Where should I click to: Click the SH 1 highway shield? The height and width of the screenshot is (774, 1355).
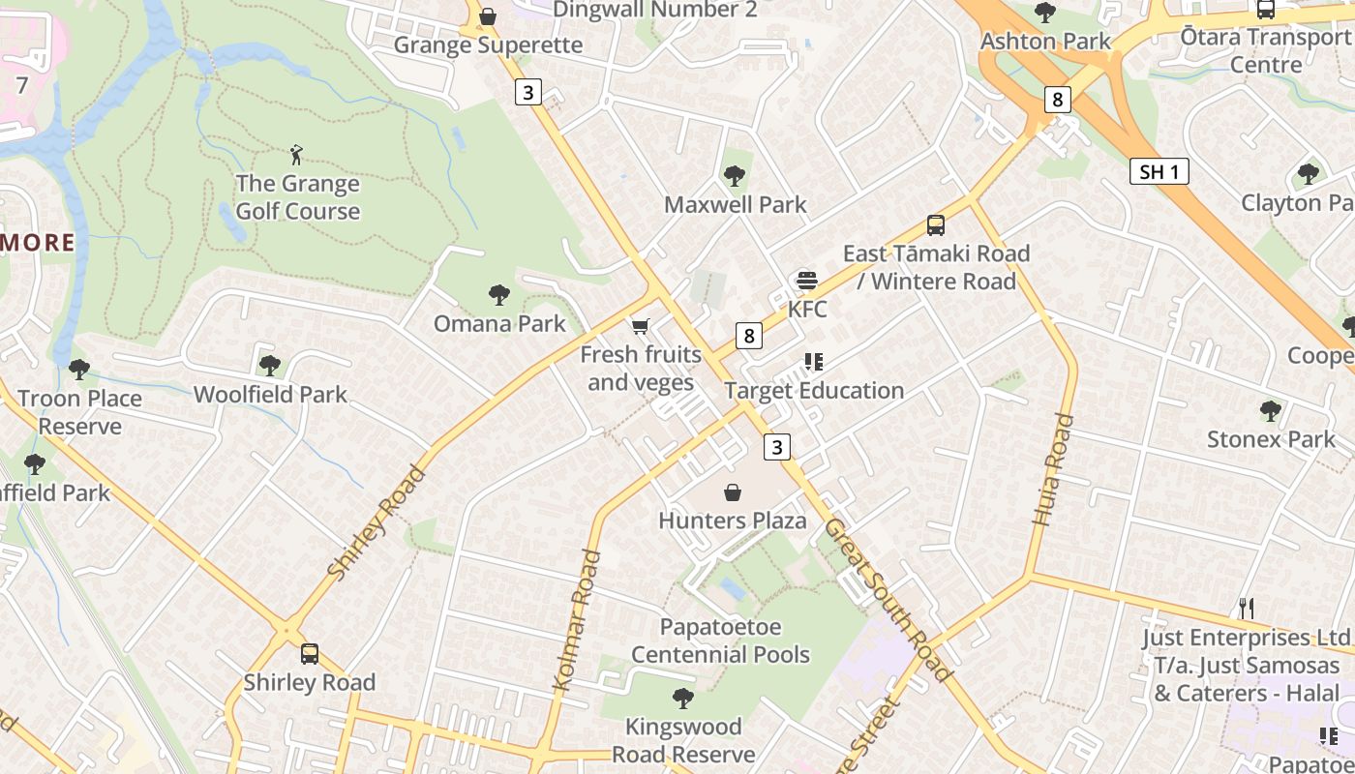point(1159,172)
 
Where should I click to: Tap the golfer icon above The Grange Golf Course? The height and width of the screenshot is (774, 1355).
point(296,154)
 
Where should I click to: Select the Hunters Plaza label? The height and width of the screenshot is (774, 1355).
point(733,521)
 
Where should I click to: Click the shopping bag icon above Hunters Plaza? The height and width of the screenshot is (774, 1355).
point(733,493)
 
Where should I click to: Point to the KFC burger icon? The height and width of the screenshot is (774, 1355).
point(806,282)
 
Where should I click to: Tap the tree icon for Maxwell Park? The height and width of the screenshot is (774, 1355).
point(735,176)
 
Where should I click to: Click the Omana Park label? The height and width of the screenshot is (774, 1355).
point(499,323)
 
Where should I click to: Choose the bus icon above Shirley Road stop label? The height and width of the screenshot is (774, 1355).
point(310,654)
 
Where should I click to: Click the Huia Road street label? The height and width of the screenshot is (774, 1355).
point(1054,469)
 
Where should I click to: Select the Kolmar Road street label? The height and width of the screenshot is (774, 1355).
point(578,620)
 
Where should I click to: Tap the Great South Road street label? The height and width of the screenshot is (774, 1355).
point(889,600)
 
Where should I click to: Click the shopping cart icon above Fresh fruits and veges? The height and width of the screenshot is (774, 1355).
point(640,327)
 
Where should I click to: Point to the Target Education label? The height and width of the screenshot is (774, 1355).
point(814,391)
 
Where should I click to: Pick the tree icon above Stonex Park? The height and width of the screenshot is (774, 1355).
point(1271,411)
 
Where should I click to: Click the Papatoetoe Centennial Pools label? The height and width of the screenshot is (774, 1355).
point(721,640)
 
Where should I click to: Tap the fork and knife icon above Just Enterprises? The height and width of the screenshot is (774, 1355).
point(1247,609)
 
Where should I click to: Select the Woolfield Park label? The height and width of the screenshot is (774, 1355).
point(270,395)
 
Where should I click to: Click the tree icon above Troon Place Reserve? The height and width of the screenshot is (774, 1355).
point(79,370)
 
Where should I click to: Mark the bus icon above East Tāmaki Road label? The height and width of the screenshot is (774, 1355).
point(936,225)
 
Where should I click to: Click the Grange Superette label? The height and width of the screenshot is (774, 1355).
point(488,45)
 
